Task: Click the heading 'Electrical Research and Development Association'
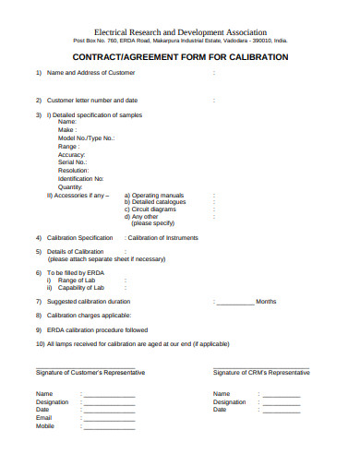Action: pyautogui.click(x=180, y=32)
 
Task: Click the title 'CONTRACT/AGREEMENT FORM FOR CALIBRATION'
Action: pyautogui.click(x=180, y=57)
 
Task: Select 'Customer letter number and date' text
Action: pyautogui.click(x=92, y=100)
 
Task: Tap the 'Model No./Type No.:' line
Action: pyautogui.click(x=86, y=137)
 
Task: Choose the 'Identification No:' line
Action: pyautogui.click(x=81, y=178)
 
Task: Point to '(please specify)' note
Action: pyautogui.click(x=152, y=223)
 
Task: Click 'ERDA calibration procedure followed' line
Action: pyautogui.click(x=97, y=329)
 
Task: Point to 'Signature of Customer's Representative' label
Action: pyautogui.click(x=90, y=372)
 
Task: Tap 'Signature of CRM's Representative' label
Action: pyautogui.click(x=261, y=372)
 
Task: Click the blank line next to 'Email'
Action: pyautogui.click(x=109, y=418)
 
